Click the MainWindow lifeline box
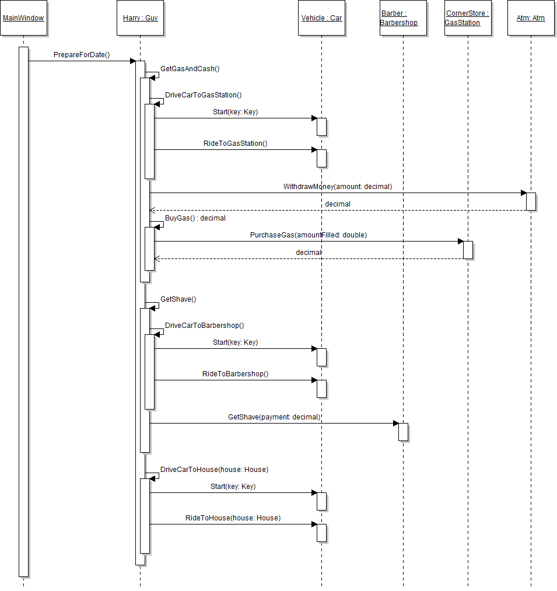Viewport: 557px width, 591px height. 23,18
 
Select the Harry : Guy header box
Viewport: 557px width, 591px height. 140,18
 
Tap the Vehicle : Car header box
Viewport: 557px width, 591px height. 321,18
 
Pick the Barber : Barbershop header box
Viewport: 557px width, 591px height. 403,18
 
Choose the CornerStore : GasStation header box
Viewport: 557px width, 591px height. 467,18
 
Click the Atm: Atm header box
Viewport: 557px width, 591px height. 531,18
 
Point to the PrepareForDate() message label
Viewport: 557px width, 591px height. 82,55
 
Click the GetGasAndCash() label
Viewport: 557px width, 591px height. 190,69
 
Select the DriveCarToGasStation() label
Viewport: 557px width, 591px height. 203,95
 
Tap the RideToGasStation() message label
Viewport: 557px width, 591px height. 235,143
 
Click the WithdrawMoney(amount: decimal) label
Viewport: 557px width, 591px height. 338,187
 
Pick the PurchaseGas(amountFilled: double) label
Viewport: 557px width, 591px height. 309,235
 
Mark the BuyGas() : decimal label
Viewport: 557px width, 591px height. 195,218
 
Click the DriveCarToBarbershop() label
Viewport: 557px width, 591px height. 204,326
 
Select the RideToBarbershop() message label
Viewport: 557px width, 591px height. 235,374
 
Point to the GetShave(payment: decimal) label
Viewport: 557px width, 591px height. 274,417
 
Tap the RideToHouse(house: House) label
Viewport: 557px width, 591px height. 233,518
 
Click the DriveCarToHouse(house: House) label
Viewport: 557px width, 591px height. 214,470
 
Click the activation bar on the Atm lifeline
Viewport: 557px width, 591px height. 531,201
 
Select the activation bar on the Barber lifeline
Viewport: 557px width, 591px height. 403,432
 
